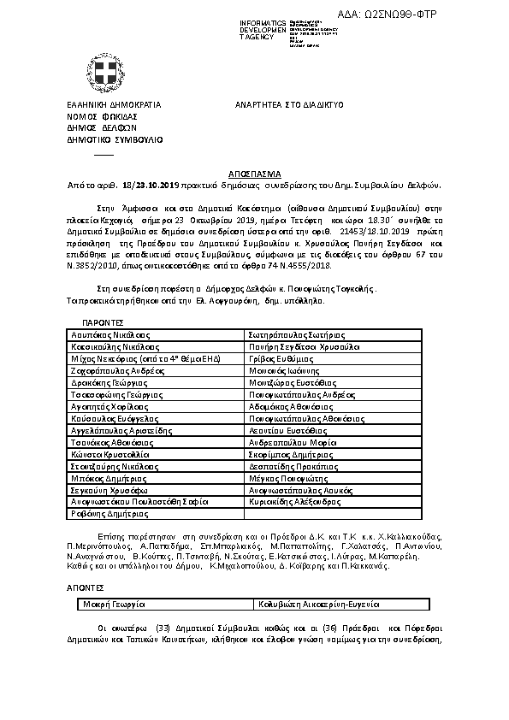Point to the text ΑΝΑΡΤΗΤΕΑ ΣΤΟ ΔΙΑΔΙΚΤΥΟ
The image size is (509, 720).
coord(289,104)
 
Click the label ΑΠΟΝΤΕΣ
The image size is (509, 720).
coord(86,588)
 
